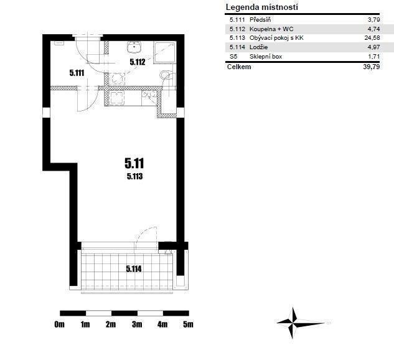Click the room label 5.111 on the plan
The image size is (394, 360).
click(77, 73)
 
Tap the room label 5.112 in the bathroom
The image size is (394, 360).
click(138, 62)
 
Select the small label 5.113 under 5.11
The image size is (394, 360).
click(135, 176)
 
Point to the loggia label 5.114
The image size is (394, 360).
click(134, 269)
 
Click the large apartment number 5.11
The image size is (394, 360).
click(134, 163)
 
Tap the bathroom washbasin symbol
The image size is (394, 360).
click(134, 47)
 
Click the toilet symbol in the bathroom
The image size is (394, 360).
click(166, 75)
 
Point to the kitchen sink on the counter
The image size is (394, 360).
click(117, 97)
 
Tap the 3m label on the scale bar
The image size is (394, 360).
click(137, 324)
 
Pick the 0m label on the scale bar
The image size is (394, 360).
click(60, 324)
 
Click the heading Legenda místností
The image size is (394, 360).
click(262, 7)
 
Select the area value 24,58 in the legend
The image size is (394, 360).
click(372, 38)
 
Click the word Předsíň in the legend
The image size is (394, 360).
click(260, 19)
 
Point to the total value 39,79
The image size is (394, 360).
click(372, 67)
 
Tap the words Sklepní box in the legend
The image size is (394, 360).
click(266, 56)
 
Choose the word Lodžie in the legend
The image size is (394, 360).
click(258, 47)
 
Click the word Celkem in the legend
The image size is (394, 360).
click(239, 67)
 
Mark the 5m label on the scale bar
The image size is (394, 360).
click(188, 324)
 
